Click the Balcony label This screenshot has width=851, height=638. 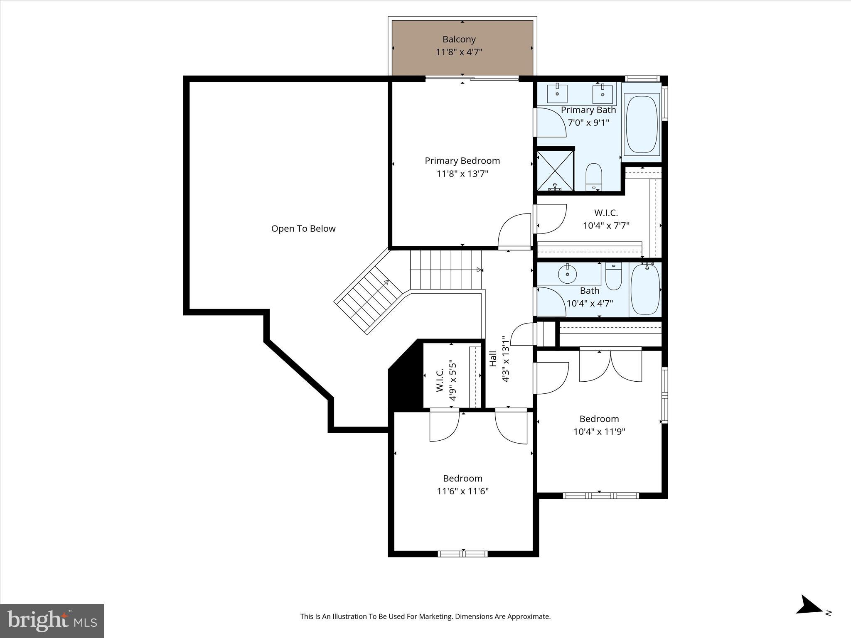pyautogui.click(x=459, y=39)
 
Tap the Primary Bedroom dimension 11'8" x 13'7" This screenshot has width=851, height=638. pyautogui.click(x=462, y=174)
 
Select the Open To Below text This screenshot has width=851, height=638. pyautogui.click(x=303, y=228)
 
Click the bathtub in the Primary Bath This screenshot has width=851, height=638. pyautogui.click(x=642, y=124)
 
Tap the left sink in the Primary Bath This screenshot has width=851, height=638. pyautogui.click(x=557, y=94)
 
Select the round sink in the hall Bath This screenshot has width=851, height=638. pyautogui.click(x=568, y=274)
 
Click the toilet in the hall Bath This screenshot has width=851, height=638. pyautogui.click(x=613, y=277)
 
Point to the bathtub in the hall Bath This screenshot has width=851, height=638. pyautogui.click(x=645, y=290)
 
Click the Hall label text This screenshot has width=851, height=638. pyautogui.click(x=493, y=359)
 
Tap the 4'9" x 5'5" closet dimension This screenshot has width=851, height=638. pyautogui.click(x=453, y=381)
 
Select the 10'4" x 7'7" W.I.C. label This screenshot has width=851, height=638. pyautogui.click(x=606, y=226)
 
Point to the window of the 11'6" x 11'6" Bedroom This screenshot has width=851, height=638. pyautogui.click(x=462, y=554)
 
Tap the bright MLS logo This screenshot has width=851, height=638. pyautogui.click(x=52, y=621)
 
